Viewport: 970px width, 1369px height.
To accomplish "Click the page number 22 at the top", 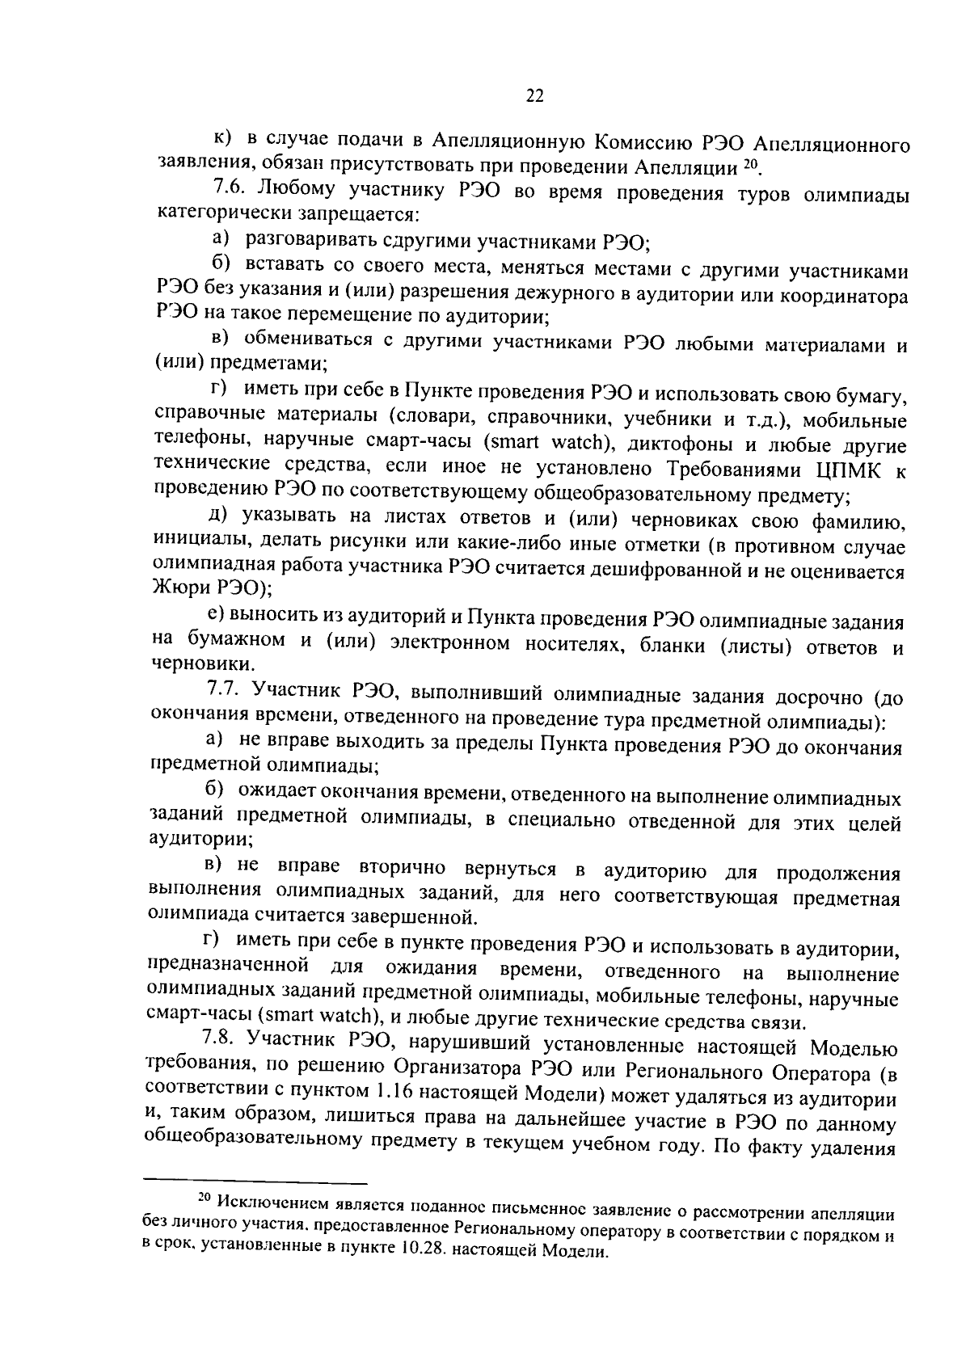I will (534, 96).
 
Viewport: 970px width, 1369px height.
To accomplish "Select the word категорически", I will (209, 216).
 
